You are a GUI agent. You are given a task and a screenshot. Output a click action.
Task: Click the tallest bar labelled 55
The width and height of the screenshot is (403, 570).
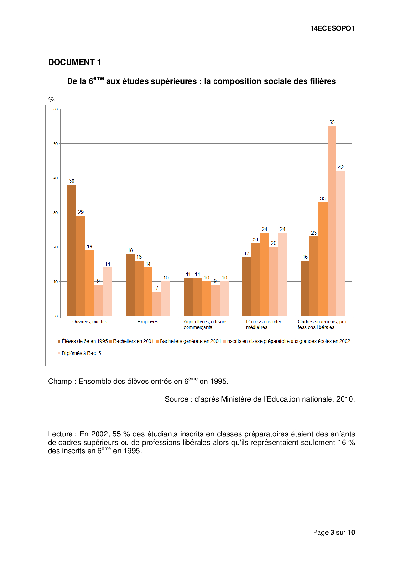332,221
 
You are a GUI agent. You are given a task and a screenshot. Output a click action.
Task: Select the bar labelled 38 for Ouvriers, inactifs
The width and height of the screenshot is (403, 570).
71,250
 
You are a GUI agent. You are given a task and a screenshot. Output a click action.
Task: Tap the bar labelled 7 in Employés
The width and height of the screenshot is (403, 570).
157,304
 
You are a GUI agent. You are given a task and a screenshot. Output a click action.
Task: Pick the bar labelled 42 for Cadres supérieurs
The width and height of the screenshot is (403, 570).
341,244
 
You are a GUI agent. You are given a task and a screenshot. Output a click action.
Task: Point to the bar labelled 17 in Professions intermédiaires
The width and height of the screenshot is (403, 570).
246,287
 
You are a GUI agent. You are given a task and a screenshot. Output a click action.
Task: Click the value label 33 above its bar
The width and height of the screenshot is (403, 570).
323,199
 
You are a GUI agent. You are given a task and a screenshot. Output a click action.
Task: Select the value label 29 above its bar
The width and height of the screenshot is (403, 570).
81,212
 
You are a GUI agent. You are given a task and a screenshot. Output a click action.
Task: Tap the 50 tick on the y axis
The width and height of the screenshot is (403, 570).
56,144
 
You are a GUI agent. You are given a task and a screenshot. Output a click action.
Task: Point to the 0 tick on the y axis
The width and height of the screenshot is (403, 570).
57,316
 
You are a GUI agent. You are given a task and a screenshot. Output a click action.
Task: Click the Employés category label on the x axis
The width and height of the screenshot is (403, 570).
148,322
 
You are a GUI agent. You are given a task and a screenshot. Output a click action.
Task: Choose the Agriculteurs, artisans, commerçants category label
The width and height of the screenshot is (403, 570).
206,324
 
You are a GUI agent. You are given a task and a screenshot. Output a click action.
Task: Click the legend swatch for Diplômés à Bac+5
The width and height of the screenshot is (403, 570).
59,353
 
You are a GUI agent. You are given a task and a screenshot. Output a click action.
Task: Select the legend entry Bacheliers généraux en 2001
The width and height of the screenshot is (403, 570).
190,341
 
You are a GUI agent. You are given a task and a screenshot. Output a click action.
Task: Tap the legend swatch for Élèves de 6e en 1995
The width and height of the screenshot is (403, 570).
59,341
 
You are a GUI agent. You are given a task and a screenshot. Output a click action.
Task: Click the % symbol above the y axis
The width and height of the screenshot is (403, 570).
51,99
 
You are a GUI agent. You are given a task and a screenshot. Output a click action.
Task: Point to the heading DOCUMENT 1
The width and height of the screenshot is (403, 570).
75,62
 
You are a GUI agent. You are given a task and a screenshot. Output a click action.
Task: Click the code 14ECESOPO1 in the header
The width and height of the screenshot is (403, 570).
332,28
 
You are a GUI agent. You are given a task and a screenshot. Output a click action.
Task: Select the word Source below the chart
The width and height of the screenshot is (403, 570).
176,399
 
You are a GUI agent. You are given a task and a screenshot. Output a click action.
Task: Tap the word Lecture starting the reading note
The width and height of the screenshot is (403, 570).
60,434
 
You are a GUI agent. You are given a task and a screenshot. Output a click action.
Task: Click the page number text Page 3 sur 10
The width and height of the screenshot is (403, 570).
334,532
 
